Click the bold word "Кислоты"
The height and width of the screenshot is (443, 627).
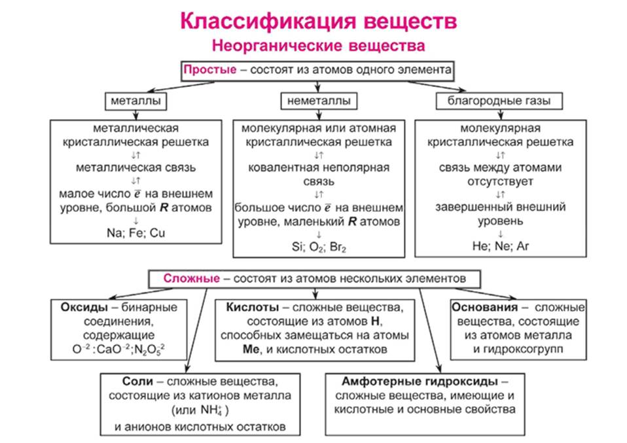253,308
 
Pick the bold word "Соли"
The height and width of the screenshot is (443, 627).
135,381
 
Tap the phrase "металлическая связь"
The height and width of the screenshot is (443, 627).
136,167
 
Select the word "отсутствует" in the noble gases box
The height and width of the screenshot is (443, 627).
499,181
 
